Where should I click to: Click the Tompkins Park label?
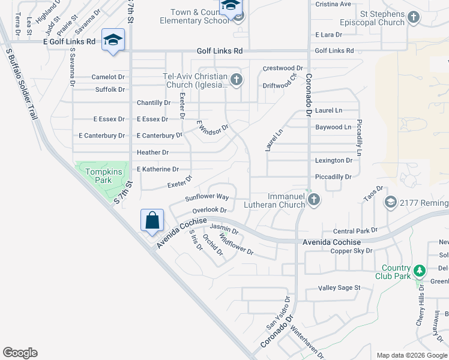click(99, 176)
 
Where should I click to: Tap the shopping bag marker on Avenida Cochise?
click(152, 220)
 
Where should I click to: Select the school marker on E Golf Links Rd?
click(113, 41)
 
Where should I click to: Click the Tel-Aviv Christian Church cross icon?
click(237, 79)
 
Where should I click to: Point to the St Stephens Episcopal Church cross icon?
click(413, 18)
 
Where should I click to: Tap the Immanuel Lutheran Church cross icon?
click(313, 200)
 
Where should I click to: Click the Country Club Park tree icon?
click(420, 271)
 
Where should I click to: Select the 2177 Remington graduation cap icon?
click(391, 203)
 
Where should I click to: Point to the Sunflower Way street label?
click(207, 197)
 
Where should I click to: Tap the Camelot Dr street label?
click(108, 77)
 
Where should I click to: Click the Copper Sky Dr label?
click(352, 250)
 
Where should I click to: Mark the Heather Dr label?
click(152, 152)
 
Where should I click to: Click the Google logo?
click(20, 353)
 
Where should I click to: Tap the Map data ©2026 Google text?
click(411, 355)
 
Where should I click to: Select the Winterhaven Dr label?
click(306, 342)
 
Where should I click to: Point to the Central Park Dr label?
click(355, 230)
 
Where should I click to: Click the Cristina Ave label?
click(333, 4)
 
